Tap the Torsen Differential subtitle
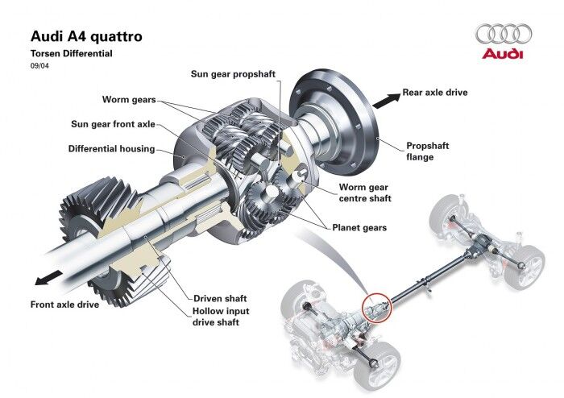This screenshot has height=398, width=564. [72, 53]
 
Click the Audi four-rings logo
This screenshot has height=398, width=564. [504, 34]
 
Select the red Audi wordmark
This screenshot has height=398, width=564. [503, 54]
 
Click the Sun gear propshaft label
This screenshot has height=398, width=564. [233, 73]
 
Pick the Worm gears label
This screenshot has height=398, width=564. [129, 100]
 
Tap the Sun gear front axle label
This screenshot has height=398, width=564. [113, 125]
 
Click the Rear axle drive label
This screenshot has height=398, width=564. [435, 93]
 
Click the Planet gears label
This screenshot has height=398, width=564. [359, 228]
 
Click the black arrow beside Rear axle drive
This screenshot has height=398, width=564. [387, 99]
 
